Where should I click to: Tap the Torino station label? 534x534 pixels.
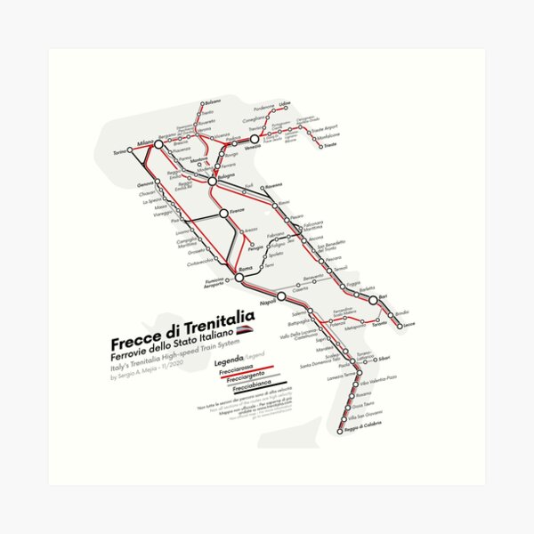coord(118,151)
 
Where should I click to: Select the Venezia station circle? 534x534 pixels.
coord(254,140)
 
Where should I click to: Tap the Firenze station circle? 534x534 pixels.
coord(223,214)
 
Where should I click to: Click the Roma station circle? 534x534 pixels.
coord(239,281)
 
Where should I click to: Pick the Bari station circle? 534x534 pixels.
coord(374,300)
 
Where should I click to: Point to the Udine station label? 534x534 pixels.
coord(285,104)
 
